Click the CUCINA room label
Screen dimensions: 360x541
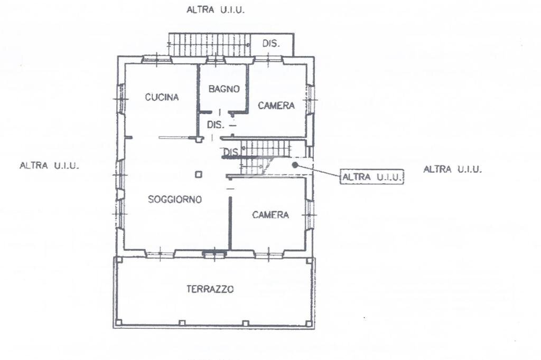(162, 97)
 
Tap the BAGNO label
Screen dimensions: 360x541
(224, 89)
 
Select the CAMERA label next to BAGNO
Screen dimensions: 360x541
(276, 106)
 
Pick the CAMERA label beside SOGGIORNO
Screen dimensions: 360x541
(270, 215)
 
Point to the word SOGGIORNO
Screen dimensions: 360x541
(175, 200)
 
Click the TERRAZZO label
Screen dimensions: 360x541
(210, 289)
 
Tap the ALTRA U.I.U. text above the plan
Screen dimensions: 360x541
(216, 10)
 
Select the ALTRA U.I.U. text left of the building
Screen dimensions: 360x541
(49, 166)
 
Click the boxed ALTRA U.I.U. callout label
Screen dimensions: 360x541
(371, 177)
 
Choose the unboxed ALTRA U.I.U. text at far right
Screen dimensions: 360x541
(452, 169)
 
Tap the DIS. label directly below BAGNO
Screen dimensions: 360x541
(216, 125)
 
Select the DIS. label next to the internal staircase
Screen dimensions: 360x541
(231, 153)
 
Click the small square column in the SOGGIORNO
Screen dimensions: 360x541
(198, 175)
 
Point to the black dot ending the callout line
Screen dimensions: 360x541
(295, 165)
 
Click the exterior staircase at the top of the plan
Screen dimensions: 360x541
(209, 44)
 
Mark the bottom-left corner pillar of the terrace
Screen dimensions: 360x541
(118, 322)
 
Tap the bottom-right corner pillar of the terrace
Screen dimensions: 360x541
(310, 323)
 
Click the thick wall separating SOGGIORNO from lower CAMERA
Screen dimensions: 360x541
(230, 222)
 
